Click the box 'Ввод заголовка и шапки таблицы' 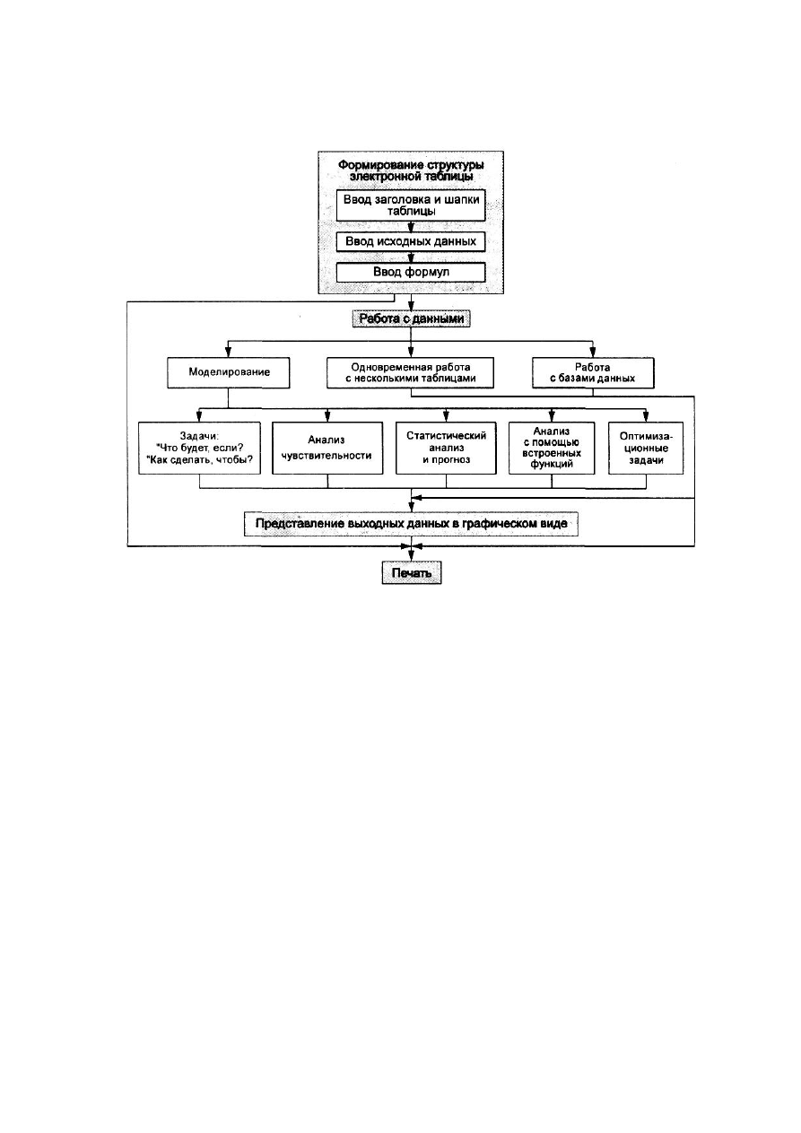(411, 205)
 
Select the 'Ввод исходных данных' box (411, 241)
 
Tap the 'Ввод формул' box (411, 272)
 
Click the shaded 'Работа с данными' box (411, 318)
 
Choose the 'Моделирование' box (229, 373)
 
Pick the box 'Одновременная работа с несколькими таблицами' (410, 373)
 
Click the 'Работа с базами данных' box (593, 373)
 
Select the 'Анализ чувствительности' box (327, 449)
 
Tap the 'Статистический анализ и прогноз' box (446, 449)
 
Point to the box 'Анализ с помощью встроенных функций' (552, 449)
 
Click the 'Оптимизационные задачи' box (646, 449)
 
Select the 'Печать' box (412, 573)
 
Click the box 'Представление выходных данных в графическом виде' (411, 524)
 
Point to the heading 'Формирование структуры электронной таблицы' (411, 170)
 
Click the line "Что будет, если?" (200, 448)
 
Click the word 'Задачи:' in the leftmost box (200, 436)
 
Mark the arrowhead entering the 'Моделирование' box (229, 353)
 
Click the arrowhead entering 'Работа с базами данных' (593, 353)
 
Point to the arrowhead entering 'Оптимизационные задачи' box (646, 417)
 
